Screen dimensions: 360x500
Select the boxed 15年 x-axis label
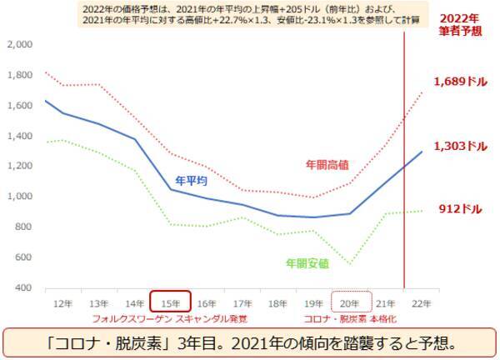click(170, 302)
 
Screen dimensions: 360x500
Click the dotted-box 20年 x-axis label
click(349, 302)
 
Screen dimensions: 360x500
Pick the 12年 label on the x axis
click(62, 302)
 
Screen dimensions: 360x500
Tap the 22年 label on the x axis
click(421, 302)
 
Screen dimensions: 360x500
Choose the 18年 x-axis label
click(277, 302)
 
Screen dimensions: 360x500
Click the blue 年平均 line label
click(192, 179)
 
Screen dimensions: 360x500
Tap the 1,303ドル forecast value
click(460, 146)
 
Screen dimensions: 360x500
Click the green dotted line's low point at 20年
click(349, 264)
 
